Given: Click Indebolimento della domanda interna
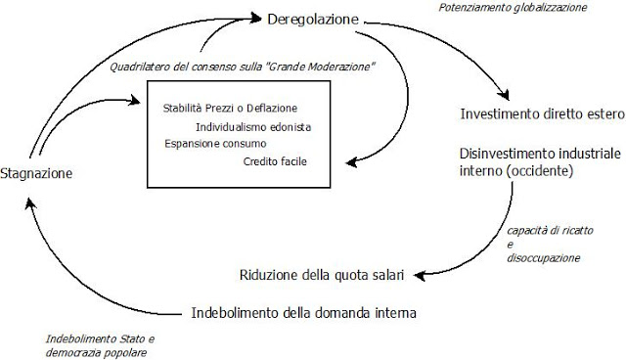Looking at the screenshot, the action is tap(303, 314).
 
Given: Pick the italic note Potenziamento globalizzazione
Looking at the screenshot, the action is tap(527, 7).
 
